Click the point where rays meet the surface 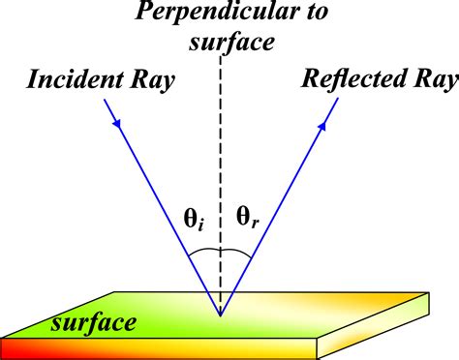tap(220, 315)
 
